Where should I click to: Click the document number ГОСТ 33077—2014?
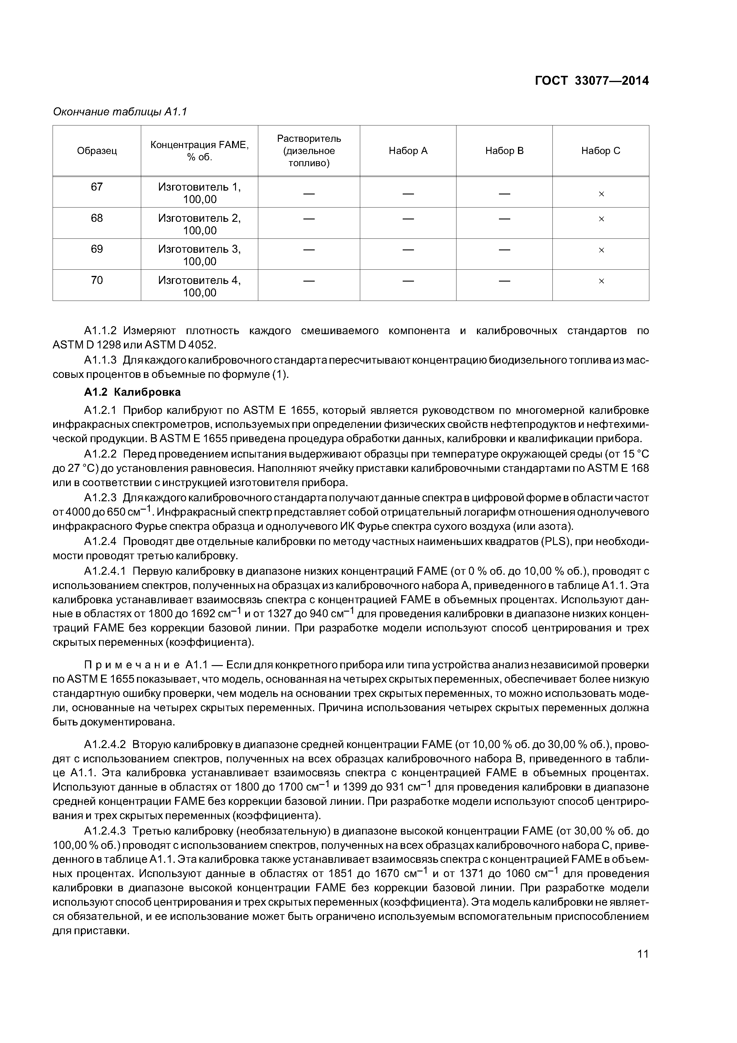pyautogui.click(x=591, y=81)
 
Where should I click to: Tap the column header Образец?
pyautogui.click(x=97, y=151)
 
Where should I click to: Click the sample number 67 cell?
pyautogui.click(x=97, y=187)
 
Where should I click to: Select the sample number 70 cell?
pyautogui.click(x=97, y=280)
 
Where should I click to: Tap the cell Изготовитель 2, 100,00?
pyautogui.click(x=199, y=224)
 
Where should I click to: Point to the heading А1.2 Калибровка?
pyautogui.click(x=132, y=392)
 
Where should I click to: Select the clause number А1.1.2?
pyautogui.click(x=100, y=331)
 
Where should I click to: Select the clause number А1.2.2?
pyautogui.click(x=100, y=454)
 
